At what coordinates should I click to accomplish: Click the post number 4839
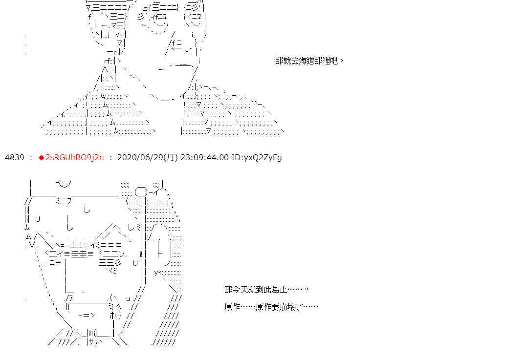(x=14, y=157)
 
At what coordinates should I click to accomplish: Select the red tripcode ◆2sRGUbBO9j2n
(x=74, y=157)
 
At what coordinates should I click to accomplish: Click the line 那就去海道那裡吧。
(x=309, y=61)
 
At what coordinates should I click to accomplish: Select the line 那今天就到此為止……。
(x=266, y=289)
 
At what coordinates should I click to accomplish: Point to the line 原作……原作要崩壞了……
(x=271, y=307)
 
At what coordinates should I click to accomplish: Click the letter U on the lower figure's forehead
(x=38, y=218)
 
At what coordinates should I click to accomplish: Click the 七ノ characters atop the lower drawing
(x=63, y=184)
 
